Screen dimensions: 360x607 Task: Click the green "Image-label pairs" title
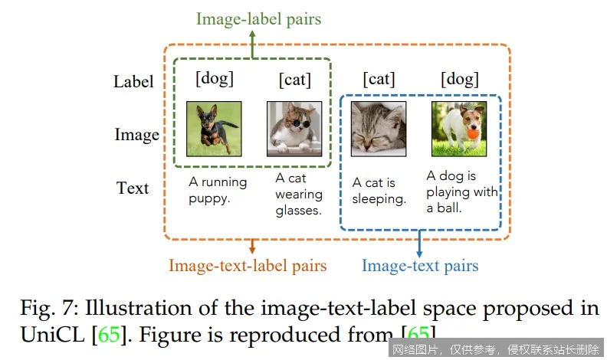point(258,19)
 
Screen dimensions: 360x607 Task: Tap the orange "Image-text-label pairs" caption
point(248,266)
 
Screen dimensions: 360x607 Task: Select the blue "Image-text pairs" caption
point(419,266)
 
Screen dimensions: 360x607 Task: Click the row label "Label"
point(133,81)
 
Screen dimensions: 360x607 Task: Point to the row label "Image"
point(136,135)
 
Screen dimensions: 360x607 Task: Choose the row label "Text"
point(133,188)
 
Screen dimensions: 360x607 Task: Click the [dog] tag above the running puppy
point(215,78)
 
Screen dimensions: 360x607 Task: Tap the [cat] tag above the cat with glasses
point(295,79)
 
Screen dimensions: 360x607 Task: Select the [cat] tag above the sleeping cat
point(378,79)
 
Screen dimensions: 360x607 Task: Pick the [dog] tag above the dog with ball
point(459,79)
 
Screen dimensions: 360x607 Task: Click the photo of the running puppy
point(215,129)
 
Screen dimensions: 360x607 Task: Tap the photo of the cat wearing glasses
point(294,129)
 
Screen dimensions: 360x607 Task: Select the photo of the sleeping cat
point(378,129)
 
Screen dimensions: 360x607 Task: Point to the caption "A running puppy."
point(218,191)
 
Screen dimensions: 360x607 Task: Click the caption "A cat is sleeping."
point(378,191)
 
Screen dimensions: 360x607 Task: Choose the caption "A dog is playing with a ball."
point(462,191)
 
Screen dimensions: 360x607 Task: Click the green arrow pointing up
point(254,42)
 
